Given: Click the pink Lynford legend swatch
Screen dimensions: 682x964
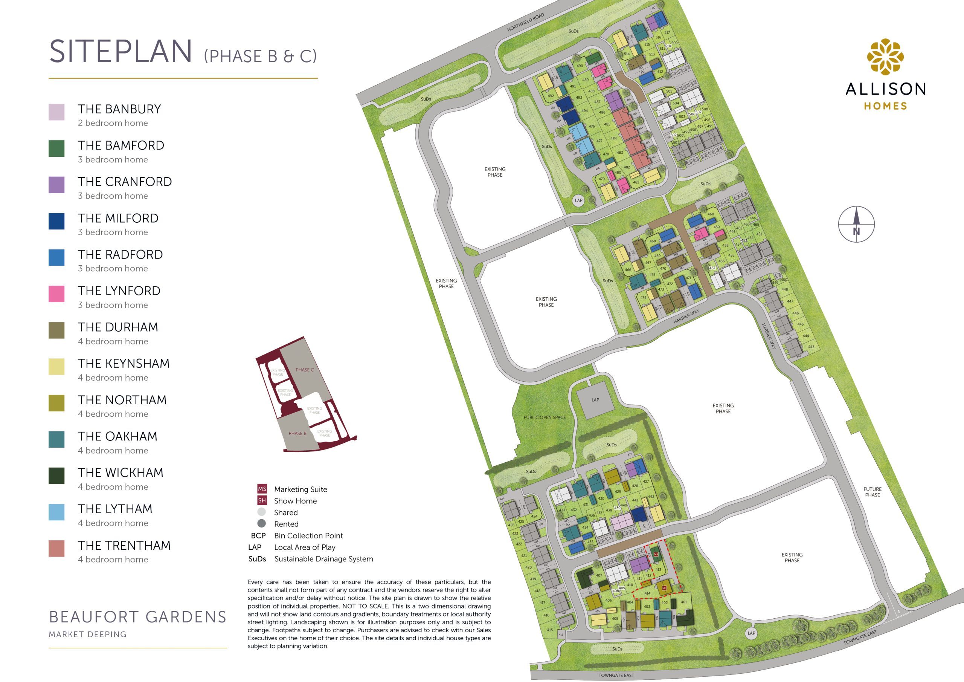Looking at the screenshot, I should pos(56,294).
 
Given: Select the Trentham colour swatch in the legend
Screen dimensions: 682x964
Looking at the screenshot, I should pos(56,548).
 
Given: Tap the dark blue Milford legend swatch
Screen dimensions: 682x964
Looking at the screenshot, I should pos(56,221).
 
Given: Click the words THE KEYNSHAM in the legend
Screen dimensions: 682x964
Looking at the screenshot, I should pos(124,364).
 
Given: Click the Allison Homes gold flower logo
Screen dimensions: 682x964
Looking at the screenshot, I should pos(885,57).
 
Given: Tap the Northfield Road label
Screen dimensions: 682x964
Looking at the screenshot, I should pos(525,22).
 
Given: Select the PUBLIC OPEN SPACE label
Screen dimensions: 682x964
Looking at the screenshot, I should pos(544,417).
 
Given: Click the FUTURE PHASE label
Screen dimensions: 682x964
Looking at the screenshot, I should pos(872,492).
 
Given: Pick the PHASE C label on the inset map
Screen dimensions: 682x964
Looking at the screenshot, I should pos(304,370).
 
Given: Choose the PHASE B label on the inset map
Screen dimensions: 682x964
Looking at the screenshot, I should pos(297,433).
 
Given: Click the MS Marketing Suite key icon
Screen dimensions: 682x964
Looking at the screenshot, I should pos(262,489).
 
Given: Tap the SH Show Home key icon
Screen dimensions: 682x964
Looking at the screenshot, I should pos(262,500).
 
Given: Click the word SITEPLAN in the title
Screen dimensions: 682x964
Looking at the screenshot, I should pos(121,52).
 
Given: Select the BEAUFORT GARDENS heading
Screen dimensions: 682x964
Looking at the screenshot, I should pos(138,617).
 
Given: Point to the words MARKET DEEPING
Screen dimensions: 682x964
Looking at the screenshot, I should pos(87,635).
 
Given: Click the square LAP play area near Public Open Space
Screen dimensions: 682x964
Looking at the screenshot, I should pos(595,401).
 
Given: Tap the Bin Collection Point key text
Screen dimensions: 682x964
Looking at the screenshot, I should pos(308,536).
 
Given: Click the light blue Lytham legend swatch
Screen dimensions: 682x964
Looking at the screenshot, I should pos(56,512).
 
